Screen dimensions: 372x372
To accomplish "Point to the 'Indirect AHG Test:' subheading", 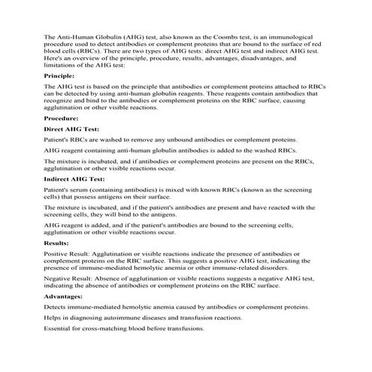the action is [74, 180].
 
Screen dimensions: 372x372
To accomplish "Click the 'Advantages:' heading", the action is [64, 296].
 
